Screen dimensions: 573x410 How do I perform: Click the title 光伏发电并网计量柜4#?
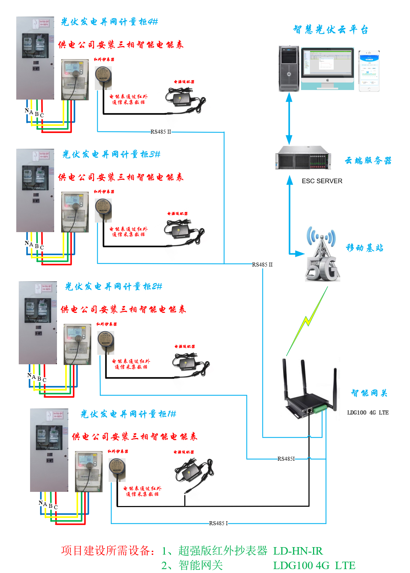click(109, 22)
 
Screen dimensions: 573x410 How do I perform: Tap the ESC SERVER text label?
click(322, 181)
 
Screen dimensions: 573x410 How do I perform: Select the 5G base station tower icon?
click(322, 255)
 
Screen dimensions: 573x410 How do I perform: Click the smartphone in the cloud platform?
click(369, 71)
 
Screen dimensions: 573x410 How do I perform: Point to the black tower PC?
click(289, 68)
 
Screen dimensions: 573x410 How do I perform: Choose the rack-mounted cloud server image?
click(303, 158)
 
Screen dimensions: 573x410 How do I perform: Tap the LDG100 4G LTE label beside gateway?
click(368, 412)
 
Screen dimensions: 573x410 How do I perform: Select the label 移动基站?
click(364, 248)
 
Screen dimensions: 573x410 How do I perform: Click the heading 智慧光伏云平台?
click(331, 29)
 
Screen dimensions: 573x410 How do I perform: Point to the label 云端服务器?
click(368, 161)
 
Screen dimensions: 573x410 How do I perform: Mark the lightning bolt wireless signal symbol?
click(307, 321)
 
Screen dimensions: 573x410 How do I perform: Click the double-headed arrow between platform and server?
click(289, 118)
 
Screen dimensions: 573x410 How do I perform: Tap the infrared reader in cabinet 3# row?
click(103, 210)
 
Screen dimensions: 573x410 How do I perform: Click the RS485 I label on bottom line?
click(218, 523)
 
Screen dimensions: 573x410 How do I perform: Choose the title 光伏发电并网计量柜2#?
click(114, 286)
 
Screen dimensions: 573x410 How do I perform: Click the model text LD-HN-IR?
click(298, 551)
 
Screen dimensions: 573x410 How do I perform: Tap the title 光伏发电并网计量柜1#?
click(128, 414)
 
